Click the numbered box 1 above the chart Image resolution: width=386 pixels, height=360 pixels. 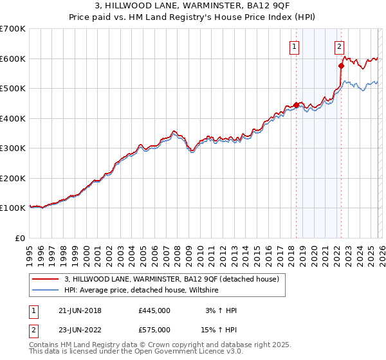click(x=294, y=46)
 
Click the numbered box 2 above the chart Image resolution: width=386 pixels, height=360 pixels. click(x=339, y=46)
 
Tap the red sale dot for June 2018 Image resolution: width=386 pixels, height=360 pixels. click(x=296, y=105)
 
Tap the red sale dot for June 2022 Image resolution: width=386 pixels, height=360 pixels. click(x=341, y=66)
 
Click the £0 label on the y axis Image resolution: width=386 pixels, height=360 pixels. click(x=21, y=238)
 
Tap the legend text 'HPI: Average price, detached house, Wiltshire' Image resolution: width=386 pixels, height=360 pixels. click(x=142, y=291)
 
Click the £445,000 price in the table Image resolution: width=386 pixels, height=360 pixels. click(x=154, y=310)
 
